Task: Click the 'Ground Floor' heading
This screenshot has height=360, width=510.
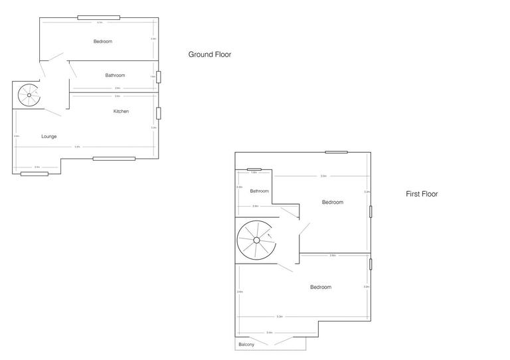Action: point(209,54)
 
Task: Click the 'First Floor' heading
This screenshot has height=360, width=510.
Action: point(422,194)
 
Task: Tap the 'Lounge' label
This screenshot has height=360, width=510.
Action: point(48,136)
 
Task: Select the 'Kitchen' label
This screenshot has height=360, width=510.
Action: point(121,111)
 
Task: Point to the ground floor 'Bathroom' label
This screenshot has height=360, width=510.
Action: point(115,75)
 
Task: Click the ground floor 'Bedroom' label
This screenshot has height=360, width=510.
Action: point(103,41)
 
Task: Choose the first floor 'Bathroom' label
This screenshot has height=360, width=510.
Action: point(259,191)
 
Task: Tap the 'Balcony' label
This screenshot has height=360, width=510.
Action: point(246,345)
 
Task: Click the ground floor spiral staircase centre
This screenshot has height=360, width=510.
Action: point(29,95)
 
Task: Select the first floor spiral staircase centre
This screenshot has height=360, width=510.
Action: point(256,240)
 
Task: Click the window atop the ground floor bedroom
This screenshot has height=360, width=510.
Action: point(98,17)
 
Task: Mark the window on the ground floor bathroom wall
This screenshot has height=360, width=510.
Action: point(158,77)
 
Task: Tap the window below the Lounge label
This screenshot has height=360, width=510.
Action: point(35,173)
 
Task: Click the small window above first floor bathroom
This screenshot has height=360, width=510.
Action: point(254,169)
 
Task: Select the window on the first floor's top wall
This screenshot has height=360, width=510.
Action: point(336,152)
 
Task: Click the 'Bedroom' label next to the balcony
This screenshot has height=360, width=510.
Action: point(320,287)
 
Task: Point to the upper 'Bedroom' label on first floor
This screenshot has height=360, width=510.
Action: point(333,202)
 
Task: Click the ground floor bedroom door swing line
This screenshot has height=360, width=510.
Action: point(52,58)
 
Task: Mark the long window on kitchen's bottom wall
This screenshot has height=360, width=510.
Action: point(114,158)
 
